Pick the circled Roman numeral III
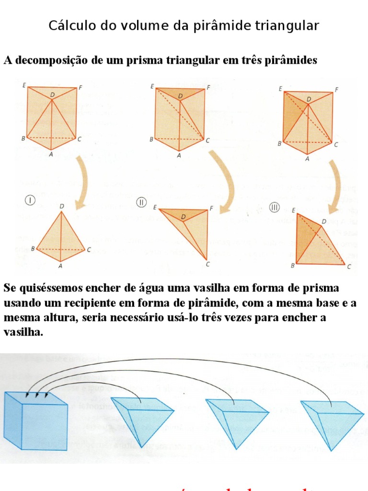pyautogui.click(x=274, y=208)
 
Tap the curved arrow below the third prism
pyautogui.click(x=335, y=185)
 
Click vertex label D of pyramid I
pyautogui.click(x=61, y=206)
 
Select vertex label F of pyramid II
pyautogui.click(x=211, y=208)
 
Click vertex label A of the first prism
pyautogui.click(x=51, y=154)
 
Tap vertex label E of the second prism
pyautogui.click(x=152, y=87)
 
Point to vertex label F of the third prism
pyautogui.click(x=337, y=89)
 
